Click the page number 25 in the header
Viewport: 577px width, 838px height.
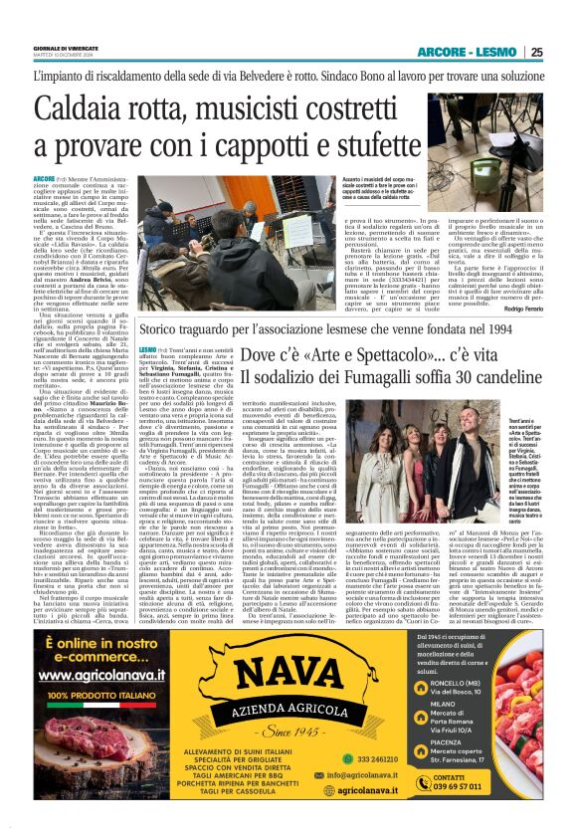pyautogui.click(x=537, y=52)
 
